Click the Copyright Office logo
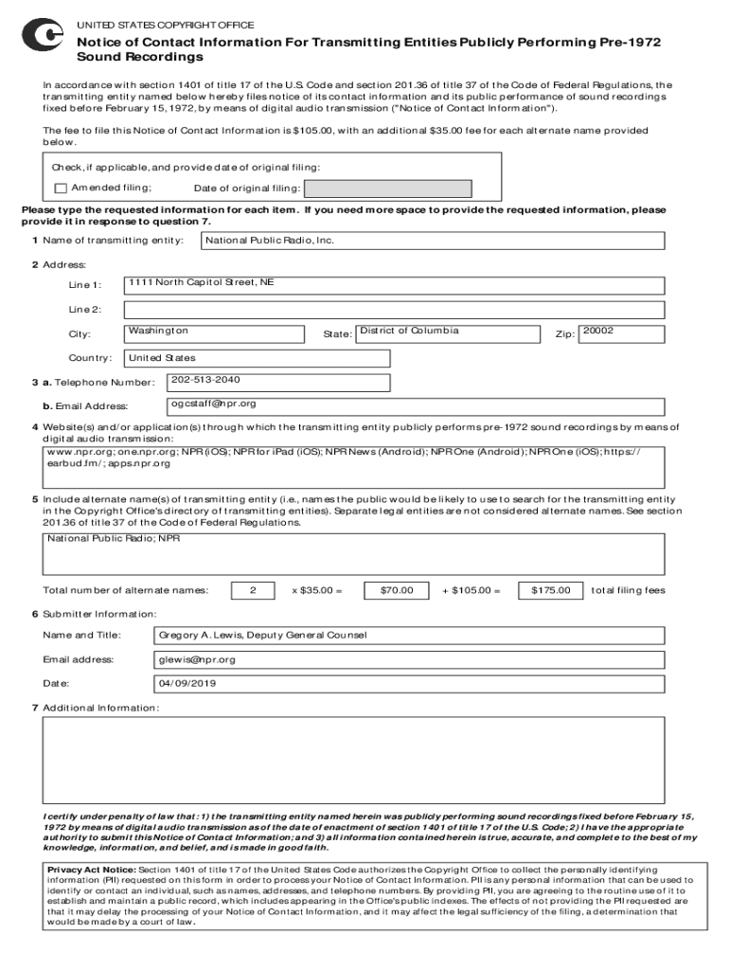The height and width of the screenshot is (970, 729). tap(42, 36)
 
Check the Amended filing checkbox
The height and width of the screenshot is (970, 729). tap(61, 188)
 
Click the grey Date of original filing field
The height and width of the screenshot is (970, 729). tap(371, 189)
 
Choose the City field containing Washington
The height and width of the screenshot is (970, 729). tap(214, 333)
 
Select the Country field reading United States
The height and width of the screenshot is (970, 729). tap(257, 358)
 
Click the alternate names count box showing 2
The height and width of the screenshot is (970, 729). tap(253, 591)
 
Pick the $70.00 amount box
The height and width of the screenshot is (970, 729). tap(397, 591)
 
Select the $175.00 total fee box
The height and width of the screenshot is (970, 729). tap(550, 591)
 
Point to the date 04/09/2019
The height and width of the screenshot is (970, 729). tap(188, 683)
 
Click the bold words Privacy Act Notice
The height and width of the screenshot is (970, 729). tap(91, 869)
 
